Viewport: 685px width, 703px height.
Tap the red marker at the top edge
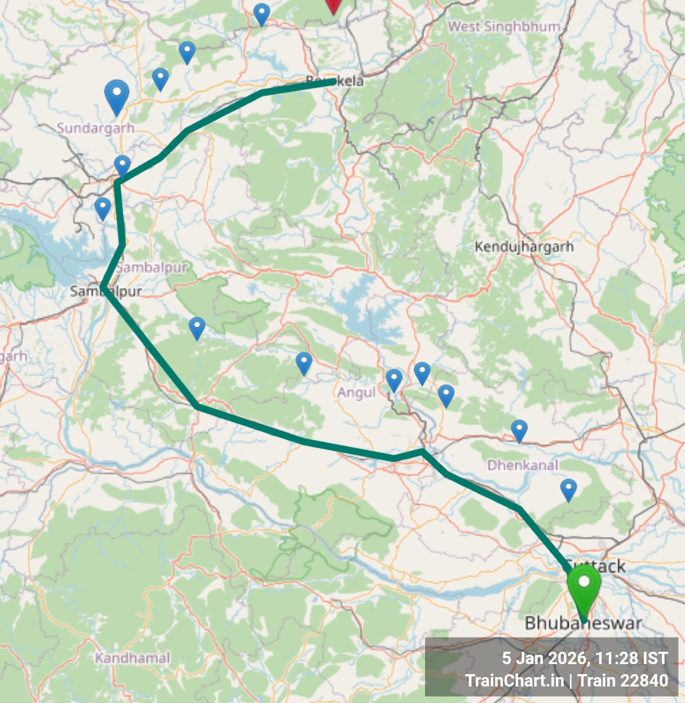click(334, 5)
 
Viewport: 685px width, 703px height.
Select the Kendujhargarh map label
click(524, 246)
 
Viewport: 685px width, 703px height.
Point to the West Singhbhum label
click(504, 27)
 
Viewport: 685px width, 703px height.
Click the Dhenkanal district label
click(522, 465)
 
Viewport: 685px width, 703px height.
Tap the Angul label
click(357, 392)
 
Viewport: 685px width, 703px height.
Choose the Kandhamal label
click(132, 658)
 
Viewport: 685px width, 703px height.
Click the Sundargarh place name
click(95, 128)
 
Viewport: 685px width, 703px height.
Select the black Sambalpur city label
click(106, 291)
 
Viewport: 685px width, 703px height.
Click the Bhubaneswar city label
click(583, 623)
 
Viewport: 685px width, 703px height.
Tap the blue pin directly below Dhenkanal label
click(568, 489)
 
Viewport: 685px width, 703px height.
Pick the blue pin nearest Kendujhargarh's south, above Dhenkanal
click(519, 430)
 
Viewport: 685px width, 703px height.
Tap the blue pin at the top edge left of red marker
click(261, 14)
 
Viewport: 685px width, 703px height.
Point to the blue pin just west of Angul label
click(304, 363)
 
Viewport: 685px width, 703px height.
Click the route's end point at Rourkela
click(335, 81)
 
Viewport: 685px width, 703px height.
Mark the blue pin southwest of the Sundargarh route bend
click(103, 208)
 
